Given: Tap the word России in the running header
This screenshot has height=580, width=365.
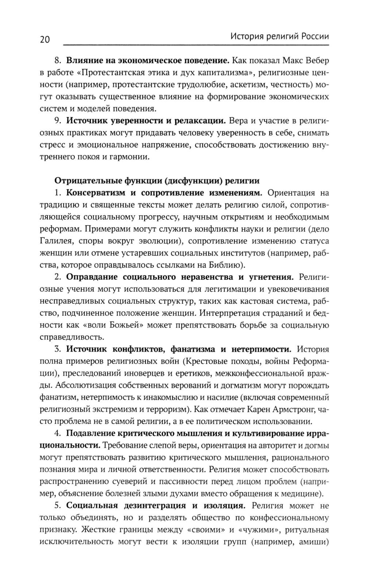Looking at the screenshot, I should pyautogui.click(x=313, y=36).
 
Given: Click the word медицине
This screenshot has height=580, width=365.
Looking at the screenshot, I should pyautogui.click(x=302, y=494).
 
